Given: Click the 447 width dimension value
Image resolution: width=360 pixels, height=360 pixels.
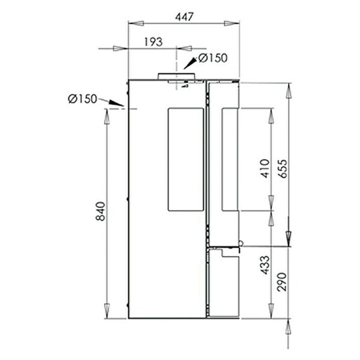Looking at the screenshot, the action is pyautogui.click(x=184, y=17).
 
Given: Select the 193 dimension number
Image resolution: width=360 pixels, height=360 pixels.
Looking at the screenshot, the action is pyautogui.click(x=154, y=42).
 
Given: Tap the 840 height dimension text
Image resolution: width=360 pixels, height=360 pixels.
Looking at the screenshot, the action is pyautogui.click(x=100, y=211).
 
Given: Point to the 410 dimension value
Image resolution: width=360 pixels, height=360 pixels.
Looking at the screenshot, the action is pyautogui.click(x=265, y=168).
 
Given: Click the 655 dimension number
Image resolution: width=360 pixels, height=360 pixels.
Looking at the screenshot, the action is pyautogui.click(x=283, y=169).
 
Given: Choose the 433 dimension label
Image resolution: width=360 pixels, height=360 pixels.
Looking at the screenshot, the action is pyautogui.click(x=265, y=265).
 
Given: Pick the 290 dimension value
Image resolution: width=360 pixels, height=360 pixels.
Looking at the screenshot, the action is pyautogui.click(x=282, y=282).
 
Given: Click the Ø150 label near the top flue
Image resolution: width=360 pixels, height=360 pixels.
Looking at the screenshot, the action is pyautogui.click(x=213, y=58).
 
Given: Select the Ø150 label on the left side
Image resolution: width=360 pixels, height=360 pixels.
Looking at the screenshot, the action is pyautogui.click(x=82, y=99).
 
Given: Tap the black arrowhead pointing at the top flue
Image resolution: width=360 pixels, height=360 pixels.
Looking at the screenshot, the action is pyautogui.click(x=190, y=64).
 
